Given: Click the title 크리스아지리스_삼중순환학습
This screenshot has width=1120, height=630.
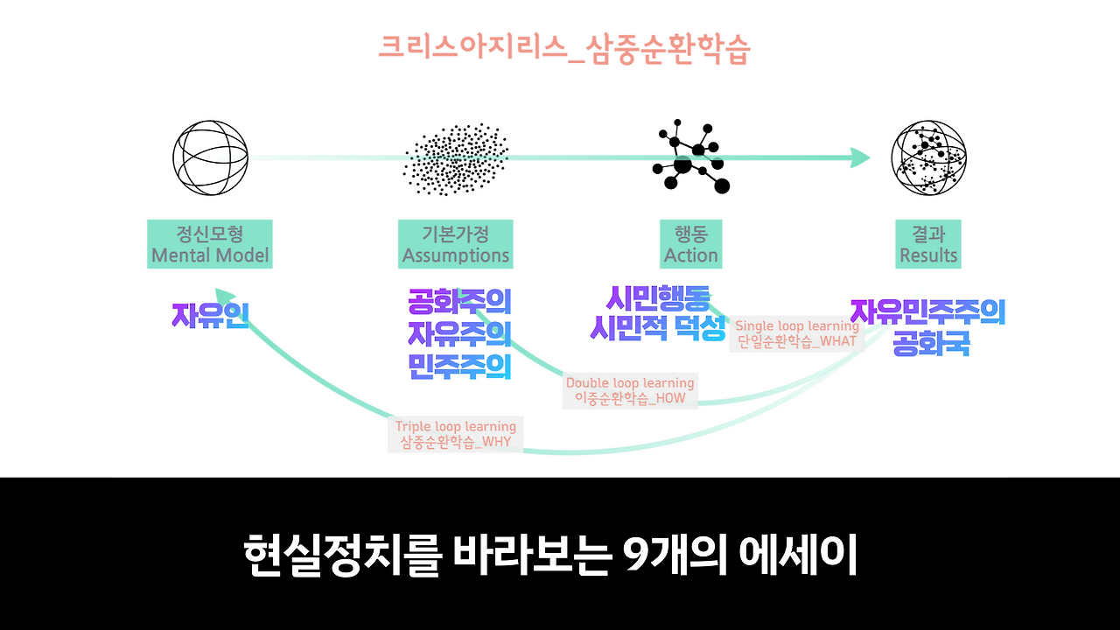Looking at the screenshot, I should (564, 49).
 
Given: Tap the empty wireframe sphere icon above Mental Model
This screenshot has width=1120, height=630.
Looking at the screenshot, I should (210, 158).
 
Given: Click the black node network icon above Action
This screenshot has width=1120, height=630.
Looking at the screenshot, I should (691, 158).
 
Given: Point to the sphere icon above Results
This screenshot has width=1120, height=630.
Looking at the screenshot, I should (928, 158).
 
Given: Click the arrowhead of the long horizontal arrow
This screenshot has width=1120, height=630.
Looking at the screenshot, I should (860, 158).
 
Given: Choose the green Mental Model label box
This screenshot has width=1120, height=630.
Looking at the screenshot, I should (210, 244).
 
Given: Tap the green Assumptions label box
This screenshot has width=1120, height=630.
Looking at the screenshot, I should (456, 244).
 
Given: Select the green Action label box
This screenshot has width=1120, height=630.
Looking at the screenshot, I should (691, 244).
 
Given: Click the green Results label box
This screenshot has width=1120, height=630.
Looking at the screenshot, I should (928, 244).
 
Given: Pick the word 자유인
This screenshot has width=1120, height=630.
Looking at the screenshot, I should (210, 315).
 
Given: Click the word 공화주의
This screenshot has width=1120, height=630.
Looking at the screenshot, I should (459, 303).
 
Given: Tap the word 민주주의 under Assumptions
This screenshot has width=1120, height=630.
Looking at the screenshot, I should (459, 366).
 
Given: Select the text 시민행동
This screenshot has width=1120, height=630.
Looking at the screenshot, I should (658, 299).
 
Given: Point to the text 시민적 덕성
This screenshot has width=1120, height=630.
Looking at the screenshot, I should (658, 329).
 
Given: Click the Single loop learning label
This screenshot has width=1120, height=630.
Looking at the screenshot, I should (796, 333).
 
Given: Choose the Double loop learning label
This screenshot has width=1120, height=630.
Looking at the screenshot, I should (630, 390).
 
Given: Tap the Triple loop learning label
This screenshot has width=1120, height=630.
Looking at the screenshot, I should (455, 434).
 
